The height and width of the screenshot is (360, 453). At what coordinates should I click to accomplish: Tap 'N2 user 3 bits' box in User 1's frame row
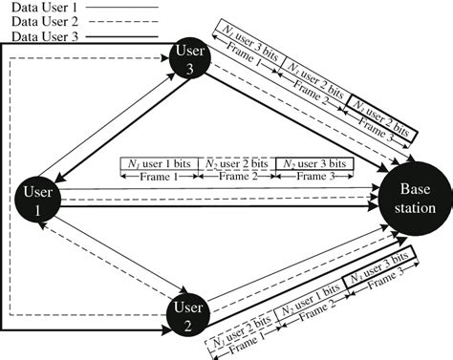tap(313, 164)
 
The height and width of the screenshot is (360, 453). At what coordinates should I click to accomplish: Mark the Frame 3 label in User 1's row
tap(313, 178)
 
